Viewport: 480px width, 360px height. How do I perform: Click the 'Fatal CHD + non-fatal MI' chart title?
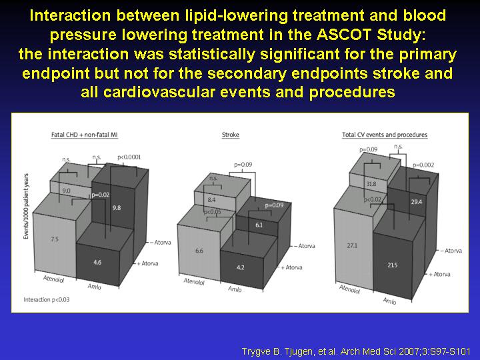point(84,135)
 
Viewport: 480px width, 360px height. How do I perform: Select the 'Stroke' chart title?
point(231,135)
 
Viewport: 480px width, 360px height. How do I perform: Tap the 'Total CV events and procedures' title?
point(385,135)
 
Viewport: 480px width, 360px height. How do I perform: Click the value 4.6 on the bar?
point(97,263)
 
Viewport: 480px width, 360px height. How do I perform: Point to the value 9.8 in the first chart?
point(117,208)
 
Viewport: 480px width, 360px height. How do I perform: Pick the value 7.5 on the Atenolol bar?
point(55,239)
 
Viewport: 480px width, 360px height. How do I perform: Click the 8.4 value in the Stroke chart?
point(211,200)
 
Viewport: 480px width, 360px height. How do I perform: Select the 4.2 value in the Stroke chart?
point(241,267)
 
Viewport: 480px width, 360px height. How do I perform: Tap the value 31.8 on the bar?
point(371,184)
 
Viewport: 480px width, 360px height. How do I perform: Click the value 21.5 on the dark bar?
point(392,265)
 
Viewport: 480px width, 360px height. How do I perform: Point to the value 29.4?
point(416,202)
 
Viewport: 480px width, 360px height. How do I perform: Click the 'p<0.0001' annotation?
point(129,157)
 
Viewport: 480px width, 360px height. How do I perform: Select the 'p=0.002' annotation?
point(423,165)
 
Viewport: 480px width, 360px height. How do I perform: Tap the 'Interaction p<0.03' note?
point(47,300)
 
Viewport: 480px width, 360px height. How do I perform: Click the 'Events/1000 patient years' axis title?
point(26,206)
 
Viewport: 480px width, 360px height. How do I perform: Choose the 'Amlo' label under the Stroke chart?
point(235,289)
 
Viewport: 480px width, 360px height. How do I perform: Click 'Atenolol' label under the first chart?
point(53,279)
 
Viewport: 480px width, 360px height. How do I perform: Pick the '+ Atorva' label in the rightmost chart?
point(439,274)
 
